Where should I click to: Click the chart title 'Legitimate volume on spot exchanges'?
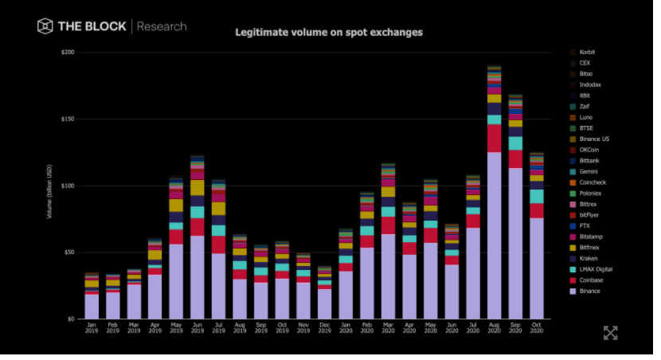328,33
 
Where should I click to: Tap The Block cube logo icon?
45,26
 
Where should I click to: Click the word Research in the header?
162,26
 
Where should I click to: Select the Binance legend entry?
589,291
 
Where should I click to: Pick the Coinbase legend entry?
590,280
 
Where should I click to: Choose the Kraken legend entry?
589,259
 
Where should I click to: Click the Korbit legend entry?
587,52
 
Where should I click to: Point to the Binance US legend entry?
593,139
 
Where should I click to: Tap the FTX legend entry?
585,225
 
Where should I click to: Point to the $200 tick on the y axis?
67,52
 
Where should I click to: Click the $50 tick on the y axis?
68,252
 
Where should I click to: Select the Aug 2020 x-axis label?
494,328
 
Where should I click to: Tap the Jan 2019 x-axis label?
92,328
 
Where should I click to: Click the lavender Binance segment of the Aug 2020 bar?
494,239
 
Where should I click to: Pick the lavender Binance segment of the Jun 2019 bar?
197,279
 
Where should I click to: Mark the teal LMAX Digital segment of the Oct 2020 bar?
536,196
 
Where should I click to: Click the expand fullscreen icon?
611,333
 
